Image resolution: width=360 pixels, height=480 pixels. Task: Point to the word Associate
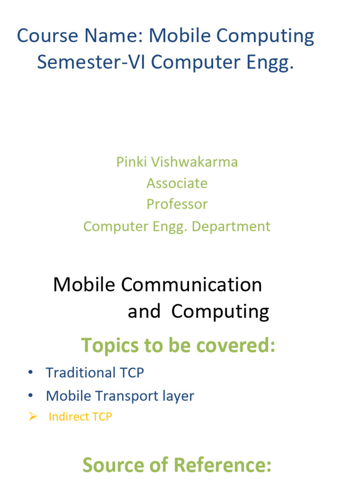tap(177, 183)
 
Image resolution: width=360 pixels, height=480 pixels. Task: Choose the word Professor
tap(177, 204)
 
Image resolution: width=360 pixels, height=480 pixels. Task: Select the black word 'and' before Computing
tap(144, 311)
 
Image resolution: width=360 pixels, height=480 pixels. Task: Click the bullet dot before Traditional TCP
tap(30, 373)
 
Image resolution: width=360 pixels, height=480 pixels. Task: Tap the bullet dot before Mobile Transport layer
tap(30, 396)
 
